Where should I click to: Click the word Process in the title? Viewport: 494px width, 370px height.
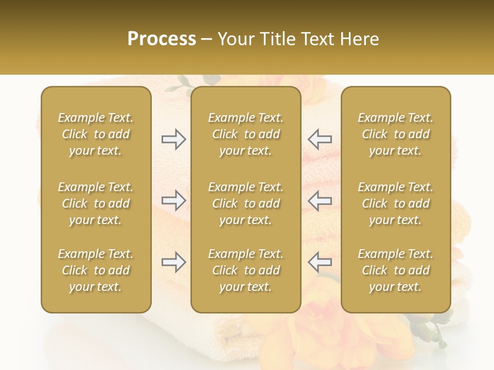coord(162,39)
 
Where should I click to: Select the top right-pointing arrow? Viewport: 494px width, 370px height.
coord(173,139)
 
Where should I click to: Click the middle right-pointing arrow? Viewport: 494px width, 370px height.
coord(173,200)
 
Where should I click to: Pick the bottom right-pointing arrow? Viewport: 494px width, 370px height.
coord(173,262)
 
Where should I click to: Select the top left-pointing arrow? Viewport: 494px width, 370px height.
coord(320,139)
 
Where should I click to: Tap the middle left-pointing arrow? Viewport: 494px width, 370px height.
coord(320,200)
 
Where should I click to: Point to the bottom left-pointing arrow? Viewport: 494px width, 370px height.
coord(320,262)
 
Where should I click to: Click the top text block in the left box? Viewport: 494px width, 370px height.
coord(96,134)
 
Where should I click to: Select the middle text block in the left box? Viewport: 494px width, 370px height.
coord(96,203)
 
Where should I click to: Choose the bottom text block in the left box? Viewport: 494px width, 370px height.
coord(96,270)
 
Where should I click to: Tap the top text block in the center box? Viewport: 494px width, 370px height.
coord(245,134)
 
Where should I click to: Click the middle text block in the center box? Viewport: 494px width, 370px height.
coord(245,203)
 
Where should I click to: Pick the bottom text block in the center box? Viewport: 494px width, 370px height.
coord(245,270)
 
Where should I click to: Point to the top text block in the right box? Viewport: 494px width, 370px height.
coord(395,134)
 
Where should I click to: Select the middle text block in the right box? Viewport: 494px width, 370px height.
coord(395,203)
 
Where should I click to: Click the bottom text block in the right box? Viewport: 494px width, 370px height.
coord(395,270)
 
